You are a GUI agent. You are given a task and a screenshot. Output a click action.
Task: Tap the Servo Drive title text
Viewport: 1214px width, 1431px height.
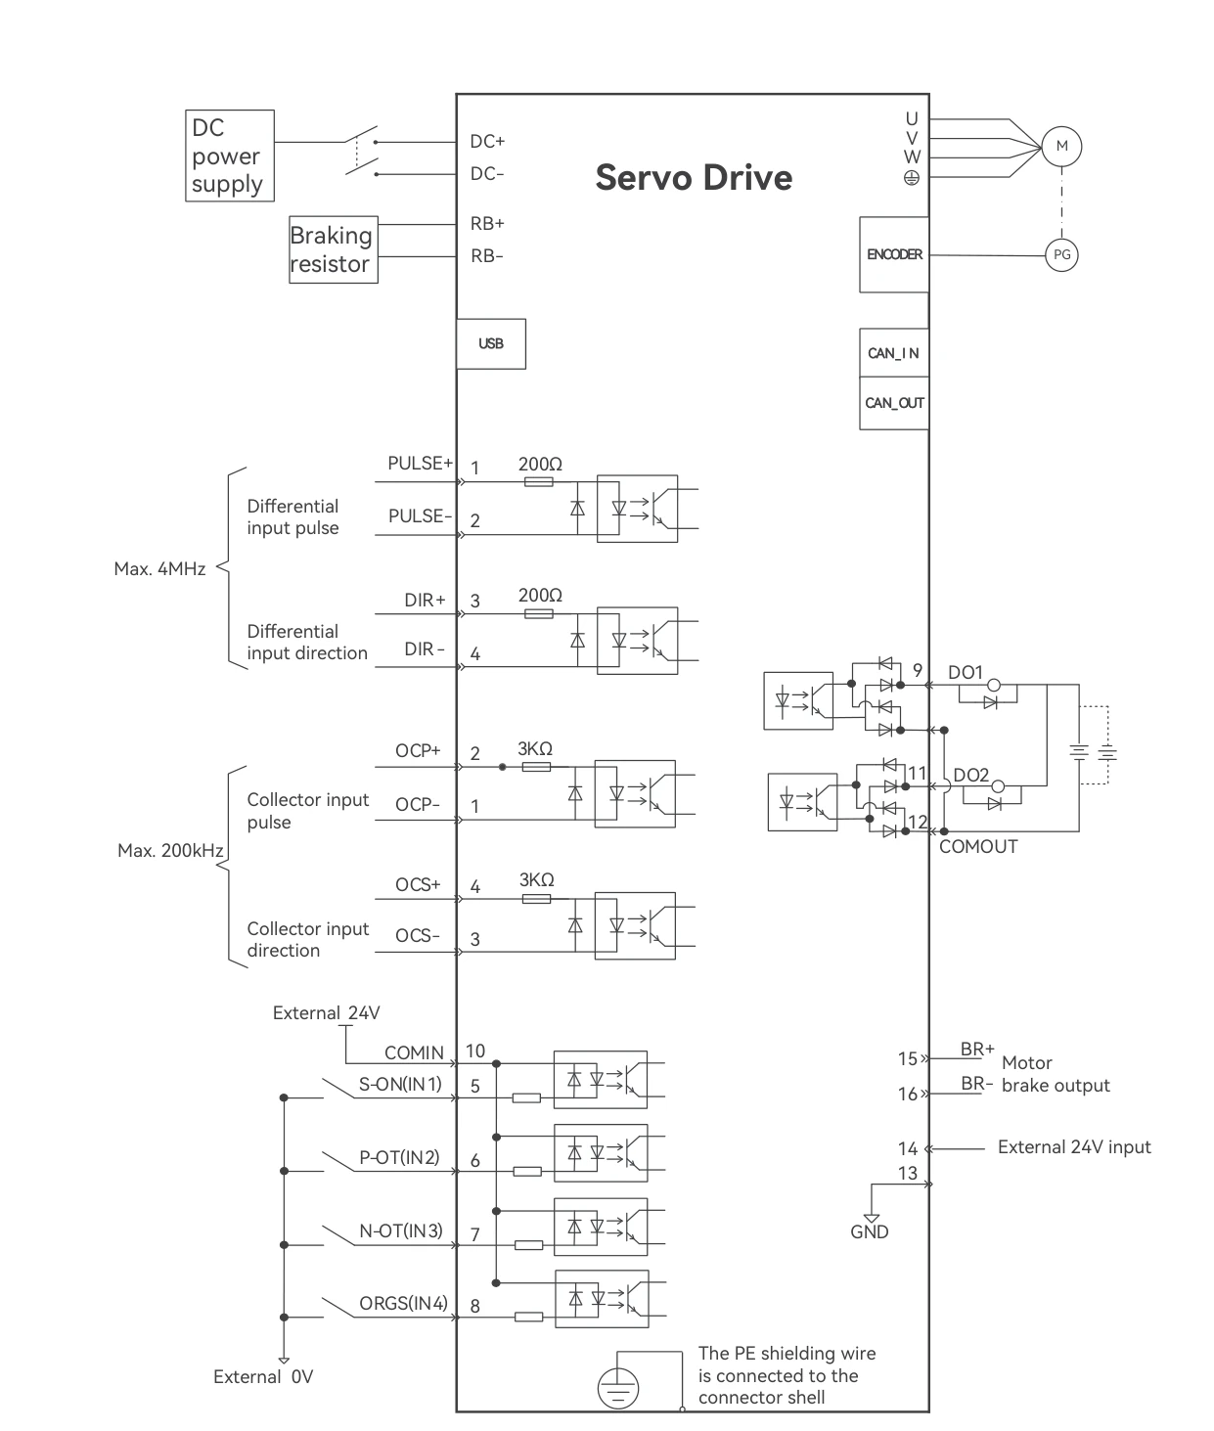[694, 177]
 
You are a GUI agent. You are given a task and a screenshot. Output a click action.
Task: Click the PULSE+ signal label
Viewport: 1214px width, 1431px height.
[420, 464]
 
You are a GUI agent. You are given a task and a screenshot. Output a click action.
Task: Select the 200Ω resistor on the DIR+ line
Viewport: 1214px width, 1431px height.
[539, 613]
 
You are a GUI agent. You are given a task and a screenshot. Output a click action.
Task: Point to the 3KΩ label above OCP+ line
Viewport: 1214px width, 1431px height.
[535, 748]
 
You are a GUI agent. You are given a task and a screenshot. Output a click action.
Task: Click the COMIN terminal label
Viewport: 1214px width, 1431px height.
[414, 1052]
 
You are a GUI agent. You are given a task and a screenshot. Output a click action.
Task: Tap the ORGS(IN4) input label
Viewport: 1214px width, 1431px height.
[404, 1303]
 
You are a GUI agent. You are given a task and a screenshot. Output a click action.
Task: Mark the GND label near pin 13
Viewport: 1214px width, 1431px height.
[869, 1231]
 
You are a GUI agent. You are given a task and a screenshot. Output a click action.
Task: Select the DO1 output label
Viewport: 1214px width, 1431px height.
[966, 672]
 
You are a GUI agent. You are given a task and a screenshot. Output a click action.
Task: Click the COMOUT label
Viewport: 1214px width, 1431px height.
[978, 847]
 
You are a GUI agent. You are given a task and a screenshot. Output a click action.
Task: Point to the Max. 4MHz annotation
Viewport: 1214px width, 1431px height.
[160, 569]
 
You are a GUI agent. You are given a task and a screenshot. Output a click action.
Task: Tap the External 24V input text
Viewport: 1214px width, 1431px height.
[1074, 1147]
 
